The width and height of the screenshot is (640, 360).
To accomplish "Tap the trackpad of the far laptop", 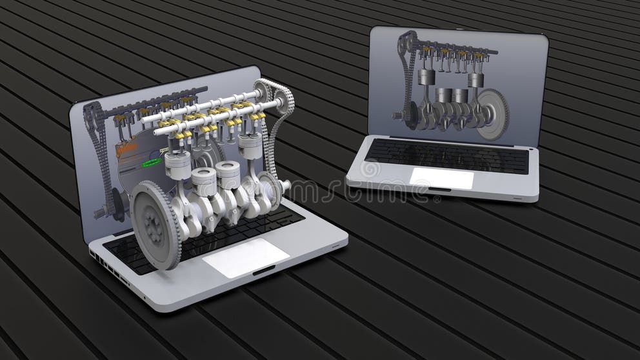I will [441, 178].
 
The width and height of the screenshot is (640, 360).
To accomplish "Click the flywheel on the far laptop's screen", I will [494, 114].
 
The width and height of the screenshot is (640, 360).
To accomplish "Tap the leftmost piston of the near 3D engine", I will [178, 165].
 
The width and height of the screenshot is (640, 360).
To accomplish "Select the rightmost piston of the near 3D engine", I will [250, 146].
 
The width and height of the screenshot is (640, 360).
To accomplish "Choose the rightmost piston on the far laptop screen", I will [475, 80].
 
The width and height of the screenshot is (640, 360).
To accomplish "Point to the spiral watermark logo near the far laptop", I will [370, 170].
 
